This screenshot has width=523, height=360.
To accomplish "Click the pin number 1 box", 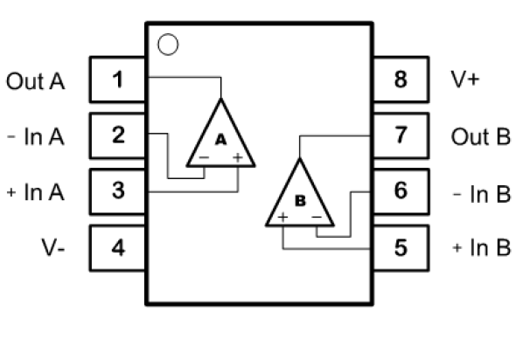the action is point(117,80).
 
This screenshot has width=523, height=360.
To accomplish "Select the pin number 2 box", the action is point(117,135).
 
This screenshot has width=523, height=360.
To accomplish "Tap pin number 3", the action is point(117,191).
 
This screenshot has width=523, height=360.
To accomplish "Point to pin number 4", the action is point(117,248).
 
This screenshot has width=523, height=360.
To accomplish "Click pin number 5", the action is point(401,248).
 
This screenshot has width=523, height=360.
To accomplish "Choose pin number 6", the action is point(401,191).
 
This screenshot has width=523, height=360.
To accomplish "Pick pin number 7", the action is point(401,135).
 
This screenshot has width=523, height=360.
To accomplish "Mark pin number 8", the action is point(401,80).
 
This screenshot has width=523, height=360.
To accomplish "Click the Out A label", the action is point(35,81).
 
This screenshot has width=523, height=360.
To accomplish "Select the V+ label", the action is point(465,80).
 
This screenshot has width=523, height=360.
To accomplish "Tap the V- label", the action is point(52,247).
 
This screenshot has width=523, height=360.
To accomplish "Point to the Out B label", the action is point(481,136).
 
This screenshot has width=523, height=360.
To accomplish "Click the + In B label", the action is point(482,247).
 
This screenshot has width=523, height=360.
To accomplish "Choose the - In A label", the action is point(35,136).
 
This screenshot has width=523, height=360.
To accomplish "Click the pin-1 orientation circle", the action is point(168,45).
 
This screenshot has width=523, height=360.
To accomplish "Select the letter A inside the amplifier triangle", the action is point(220,140).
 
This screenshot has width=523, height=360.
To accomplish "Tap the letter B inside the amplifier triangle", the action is point(300,201).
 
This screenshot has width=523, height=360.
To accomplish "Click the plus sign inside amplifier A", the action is point(238,157).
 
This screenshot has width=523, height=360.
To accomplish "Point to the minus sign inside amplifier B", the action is point(317,218).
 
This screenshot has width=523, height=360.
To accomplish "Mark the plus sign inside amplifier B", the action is point(282,218).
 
